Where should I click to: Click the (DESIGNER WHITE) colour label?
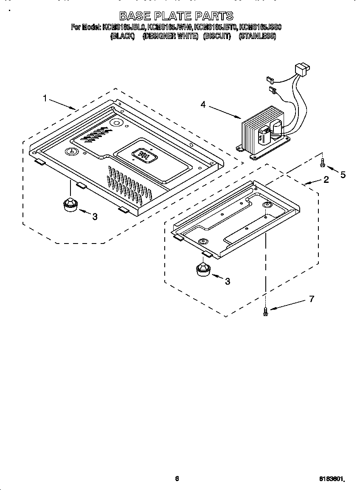170,36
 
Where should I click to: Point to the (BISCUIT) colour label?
217,36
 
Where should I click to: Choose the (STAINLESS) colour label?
257,36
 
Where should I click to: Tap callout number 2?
326,179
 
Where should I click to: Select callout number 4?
203,104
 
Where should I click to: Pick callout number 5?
343,174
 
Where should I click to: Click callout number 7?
311,299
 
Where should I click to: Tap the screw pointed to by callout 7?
266,311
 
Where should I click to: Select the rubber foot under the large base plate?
69,204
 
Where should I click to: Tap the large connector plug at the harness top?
302,68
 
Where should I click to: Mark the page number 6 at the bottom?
177,479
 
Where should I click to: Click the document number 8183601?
331,479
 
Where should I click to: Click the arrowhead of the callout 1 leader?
75,109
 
